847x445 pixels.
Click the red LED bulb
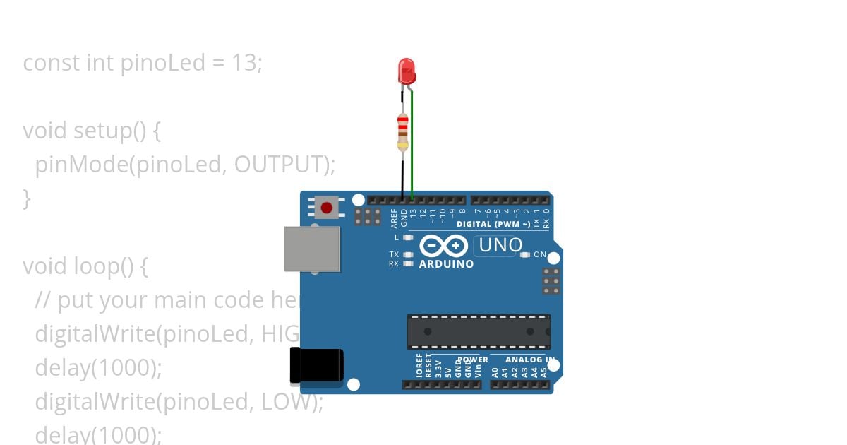[407, 71]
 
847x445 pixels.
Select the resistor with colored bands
[402, 132]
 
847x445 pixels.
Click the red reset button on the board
[326, 208]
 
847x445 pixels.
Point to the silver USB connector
[311, 249]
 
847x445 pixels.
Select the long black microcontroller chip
[478, 331]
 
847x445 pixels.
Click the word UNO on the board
[500, 246]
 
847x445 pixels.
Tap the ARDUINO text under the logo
[446, 264]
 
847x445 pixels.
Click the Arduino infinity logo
[443, 246]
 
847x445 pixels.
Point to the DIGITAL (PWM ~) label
[493, 224]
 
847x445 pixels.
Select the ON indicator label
[540, 254]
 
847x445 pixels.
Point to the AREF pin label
[395, 218]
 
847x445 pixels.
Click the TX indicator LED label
[394, 254]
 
